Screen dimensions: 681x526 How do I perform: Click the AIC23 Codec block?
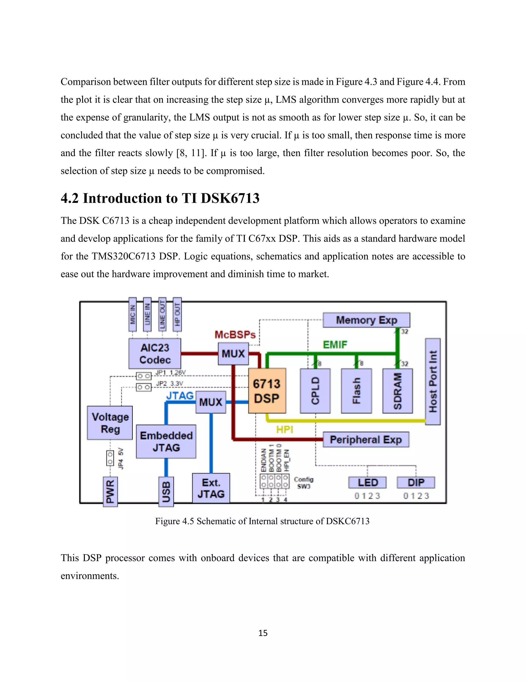click(155, 354)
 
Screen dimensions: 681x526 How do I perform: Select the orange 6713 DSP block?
click(267, 391)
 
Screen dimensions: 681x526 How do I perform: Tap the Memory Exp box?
click(366, 320)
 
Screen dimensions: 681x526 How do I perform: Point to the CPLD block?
click(315, 391)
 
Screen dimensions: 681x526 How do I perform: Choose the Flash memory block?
click(356, 391)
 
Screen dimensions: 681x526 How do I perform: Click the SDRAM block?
click(397, 391)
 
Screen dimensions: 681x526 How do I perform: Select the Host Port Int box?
click(433, 381)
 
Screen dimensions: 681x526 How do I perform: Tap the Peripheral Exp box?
click(365, 439)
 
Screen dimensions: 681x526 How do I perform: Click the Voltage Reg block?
click(110, 423)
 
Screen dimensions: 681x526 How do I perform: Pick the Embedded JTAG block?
click(166, 441)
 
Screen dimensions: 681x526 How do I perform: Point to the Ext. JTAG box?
click(211, 488)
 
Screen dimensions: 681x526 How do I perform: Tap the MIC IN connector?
click(133, 314)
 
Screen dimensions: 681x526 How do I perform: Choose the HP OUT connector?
click(177, 314)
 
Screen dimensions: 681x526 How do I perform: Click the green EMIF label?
click(335, 345)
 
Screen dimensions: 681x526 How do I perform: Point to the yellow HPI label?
click(285, 429)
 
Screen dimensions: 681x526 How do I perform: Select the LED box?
click(367, 482)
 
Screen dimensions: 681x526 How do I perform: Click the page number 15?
click(263, 633)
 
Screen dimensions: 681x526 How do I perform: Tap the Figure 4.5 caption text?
click(262, 521)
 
